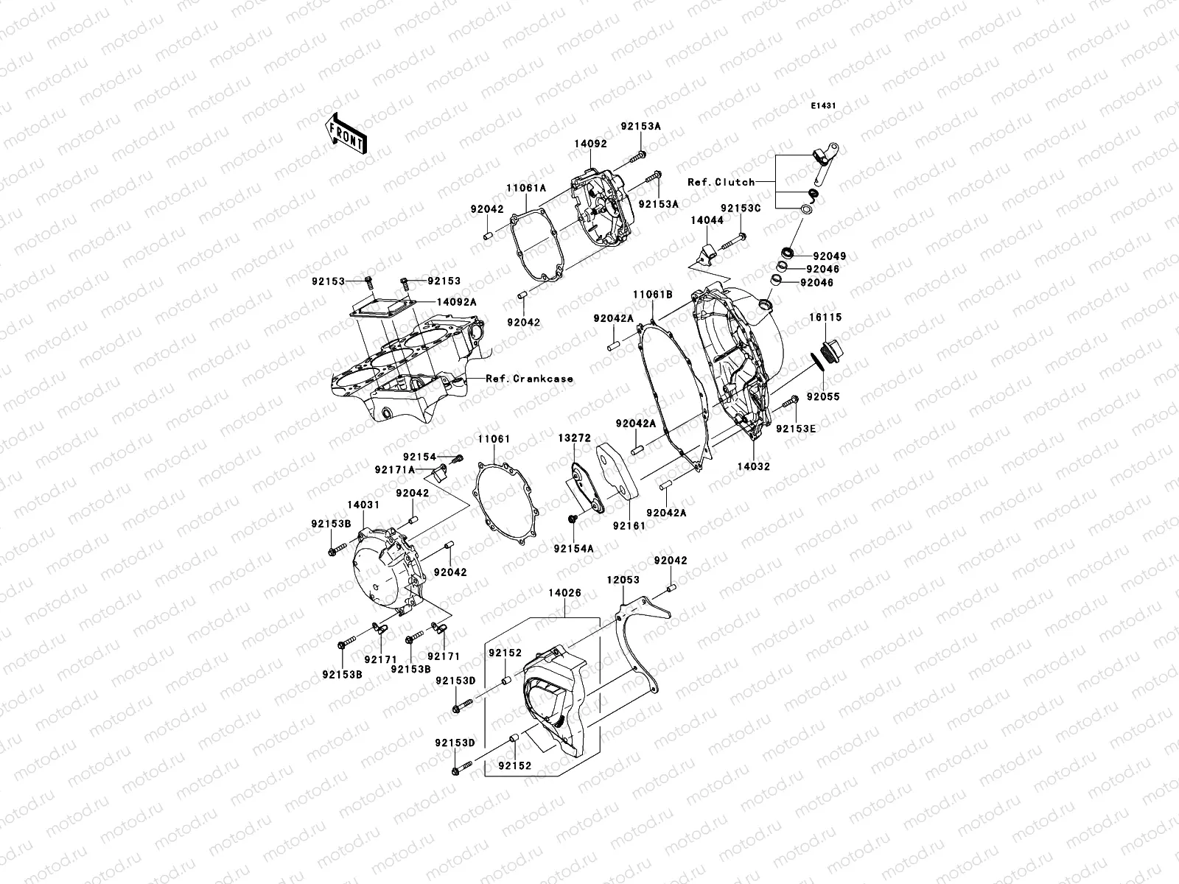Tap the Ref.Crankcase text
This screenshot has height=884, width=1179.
point(529,379)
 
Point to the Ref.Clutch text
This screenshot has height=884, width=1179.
point(721,182)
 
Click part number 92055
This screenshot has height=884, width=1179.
point(822,397)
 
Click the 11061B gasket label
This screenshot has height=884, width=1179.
point(652,294)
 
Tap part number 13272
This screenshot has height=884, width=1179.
point(573,438)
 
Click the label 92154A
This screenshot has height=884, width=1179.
point(574,548)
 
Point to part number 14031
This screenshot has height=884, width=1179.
point(363,505)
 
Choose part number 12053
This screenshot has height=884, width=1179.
point(623,580)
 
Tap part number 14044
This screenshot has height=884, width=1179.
point(707,220)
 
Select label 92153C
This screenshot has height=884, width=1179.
point(740,208)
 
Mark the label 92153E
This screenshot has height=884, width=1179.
point(795,428)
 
